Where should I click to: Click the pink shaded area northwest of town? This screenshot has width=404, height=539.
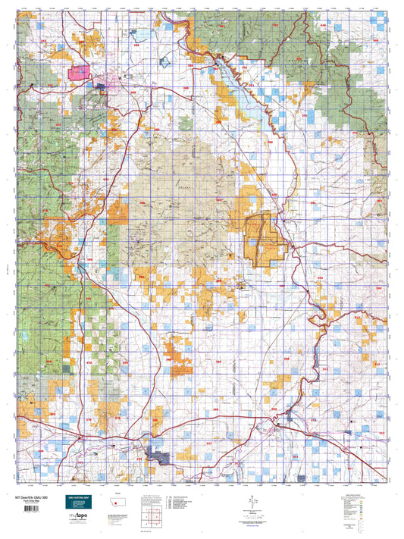79,73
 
